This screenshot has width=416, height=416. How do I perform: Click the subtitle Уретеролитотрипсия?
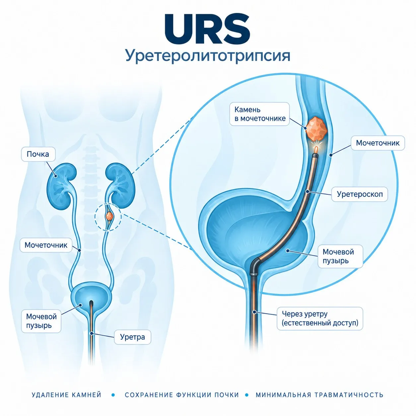tap(208, 56)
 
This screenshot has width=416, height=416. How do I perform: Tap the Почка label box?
tap(38, 154)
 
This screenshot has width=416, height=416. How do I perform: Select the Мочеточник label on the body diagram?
tap(46, 245)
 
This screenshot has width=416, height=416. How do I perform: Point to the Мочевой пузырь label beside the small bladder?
tap(41, 321)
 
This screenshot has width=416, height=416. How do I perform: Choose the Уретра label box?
tap(132, 337)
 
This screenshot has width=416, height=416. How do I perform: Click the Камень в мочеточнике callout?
tap(259, 114)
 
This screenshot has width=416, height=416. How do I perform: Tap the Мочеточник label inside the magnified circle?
tap(378, 143)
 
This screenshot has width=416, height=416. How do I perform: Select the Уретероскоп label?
tap(360, 194)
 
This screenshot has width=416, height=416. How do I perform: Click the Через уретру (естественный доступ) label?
tap(320, 319)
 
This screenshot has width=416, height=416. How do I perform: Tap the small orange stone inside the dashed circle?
tap(109, 215)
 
